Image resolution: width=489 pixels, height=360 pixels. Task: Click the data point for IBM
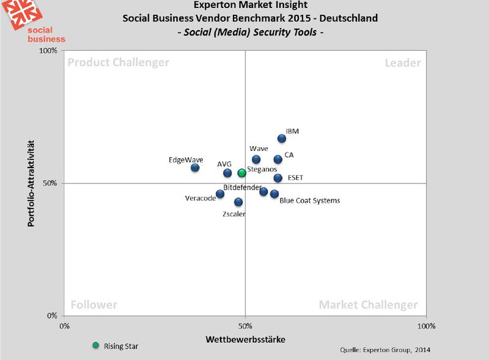pyautogui.click(x=282, y=139)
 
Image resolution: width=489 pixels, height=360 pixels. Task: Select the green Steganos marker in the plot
pyautogui.click(x=242, y=173)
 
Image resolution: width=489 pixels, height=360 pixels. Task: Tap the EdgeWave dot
pyautogui.click(x=195, y=167)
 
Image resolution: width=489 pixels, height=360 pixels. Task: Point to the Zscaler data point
pyautogui.click(x=238, y=202)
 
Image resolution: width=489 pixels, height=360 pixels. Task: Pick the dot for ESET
pyautogui.click(x=278, y=178)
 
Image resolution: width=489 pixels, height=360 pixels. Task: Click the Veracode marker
pyautogui.click(x=220, y=194)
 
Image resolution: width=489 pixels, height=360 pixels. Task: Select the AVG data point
pyautogui.click(x=227, y=173)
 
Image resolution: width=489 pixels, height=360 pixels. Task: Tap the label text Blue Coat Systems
pyautogui.click(x=309, y=200)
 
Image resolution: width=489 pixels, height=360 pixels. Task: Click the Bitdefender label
pyautogui.click(x=242, y=187)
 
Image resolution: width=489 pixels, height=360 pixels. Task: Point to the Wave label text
pyautogui.click(x=259, y=149)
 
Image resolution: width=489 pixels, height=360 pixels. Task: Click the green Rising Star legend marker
pyautogui.click(x=95, y=345)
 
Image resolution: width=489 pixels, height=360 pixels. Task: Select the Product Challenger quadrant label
pyautogui.click(x=119, y=63)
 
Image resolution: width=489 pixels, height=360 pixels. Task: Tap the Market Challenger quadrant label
pyautogui.click(x=369, y=305)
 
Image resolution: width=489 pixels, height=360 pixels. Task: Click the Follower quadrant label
pyautogui.click(x=94, y=305)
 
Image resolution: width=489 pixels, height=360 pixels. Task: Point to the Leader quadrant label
pyautogui.click(x=402, y=63)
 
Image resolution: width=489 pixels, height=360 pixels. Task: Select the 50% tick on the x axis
pyautogui.click(x=245, y=326)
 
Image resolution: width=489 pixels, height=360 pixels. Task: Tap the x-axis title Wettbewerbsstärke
pyautogui.click(x=245, y=339)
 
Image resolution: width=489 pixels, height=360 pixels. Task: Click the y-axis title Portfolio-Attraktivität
pyautogui.click(x=30, y=183)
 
